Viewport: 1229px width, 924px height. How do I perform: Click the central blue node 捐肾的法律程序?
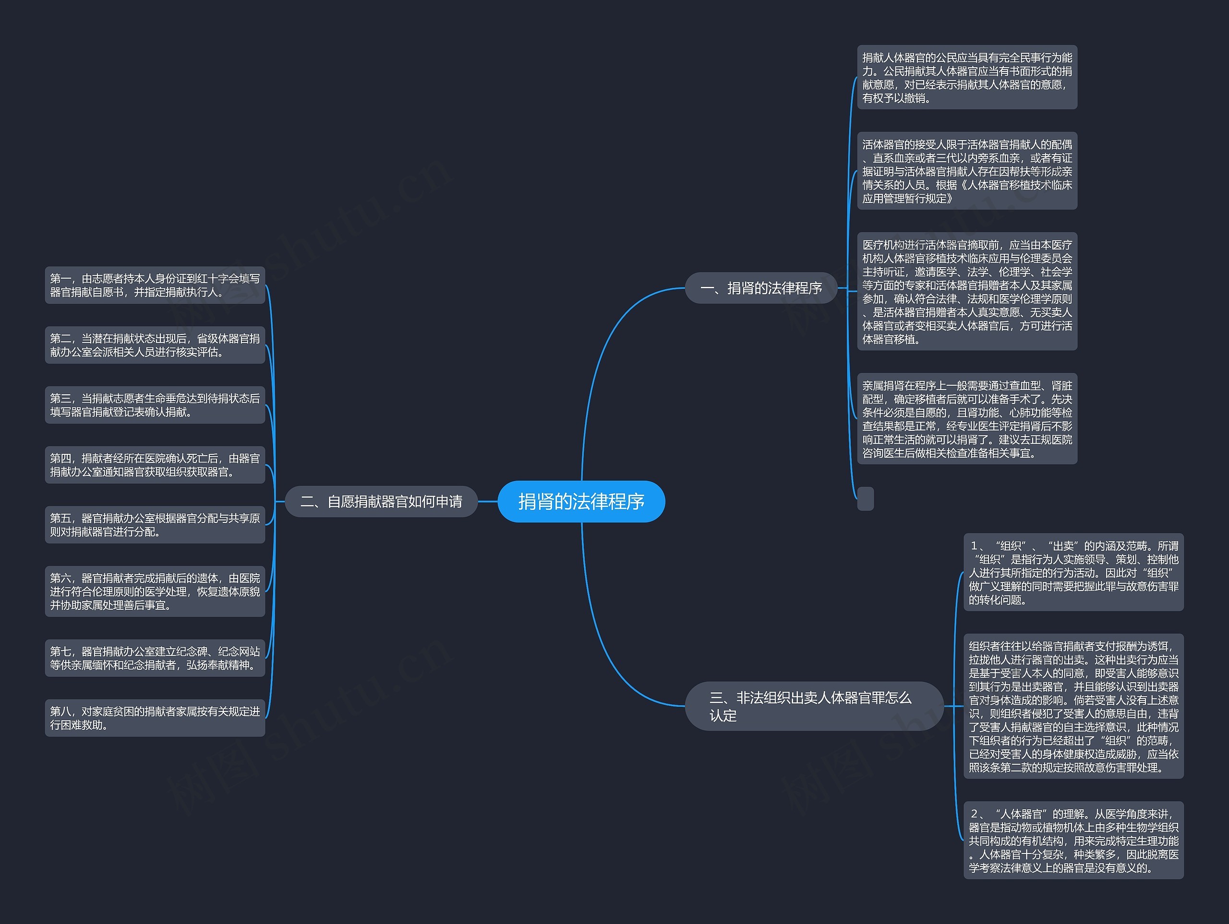point(581,501)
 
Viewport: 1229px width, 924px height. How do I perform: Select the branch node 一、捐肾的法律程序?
point(761,288)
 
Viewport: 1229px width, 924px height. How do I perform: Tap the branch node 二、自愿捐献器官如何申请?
point(381,501)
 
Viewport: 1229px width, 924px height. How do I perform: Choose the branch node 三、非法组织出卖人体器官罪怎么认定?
point(814,706)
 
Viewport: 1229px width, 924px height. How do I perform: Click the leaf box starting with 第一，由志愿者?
point(155,285)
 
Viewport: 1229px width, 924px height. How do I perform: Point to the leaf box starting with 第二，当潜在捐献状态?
point(155,345)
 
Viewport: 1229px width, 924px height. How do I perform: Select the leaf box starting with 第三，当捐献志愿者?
point(155,405)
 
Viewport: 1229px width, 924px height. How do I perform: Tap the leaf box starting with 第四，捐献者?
point(155,465)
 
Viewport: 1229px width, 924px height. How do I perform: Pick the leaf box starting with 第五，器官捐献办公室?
point(155,525)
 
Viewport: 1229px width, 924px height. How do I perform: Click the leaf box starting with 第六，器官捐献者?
point(155,592)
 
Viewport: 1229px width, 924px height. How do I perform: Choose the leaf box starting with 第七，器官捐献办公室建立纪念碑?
point(155,658)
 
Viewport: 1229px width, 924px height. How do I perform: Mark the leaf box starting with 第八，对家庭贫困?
point(155,718)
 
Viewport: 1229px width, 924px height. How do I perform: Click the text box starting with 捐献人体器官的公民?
point(967,77)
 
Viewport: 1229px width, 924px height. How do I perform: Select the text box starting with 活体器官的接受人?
point(967,171)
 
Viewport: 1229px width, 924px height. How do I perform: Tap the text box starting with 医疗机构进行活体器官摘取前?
point(967,292)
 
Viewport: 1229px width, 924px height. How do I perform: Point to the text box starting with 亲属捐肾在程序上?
point(967,419)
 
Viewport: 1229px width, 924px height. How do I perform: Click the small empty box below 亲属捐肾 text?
point(866,498)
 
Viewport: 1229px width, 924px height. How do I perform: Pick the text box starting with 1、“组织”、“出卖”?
point(1073,572)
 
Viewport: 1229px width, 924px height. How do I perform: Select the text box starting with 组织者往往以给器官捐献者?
point(1073,706)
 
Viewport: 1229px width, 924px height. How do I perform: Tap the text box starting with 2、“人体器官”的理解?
point(1073,840)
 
